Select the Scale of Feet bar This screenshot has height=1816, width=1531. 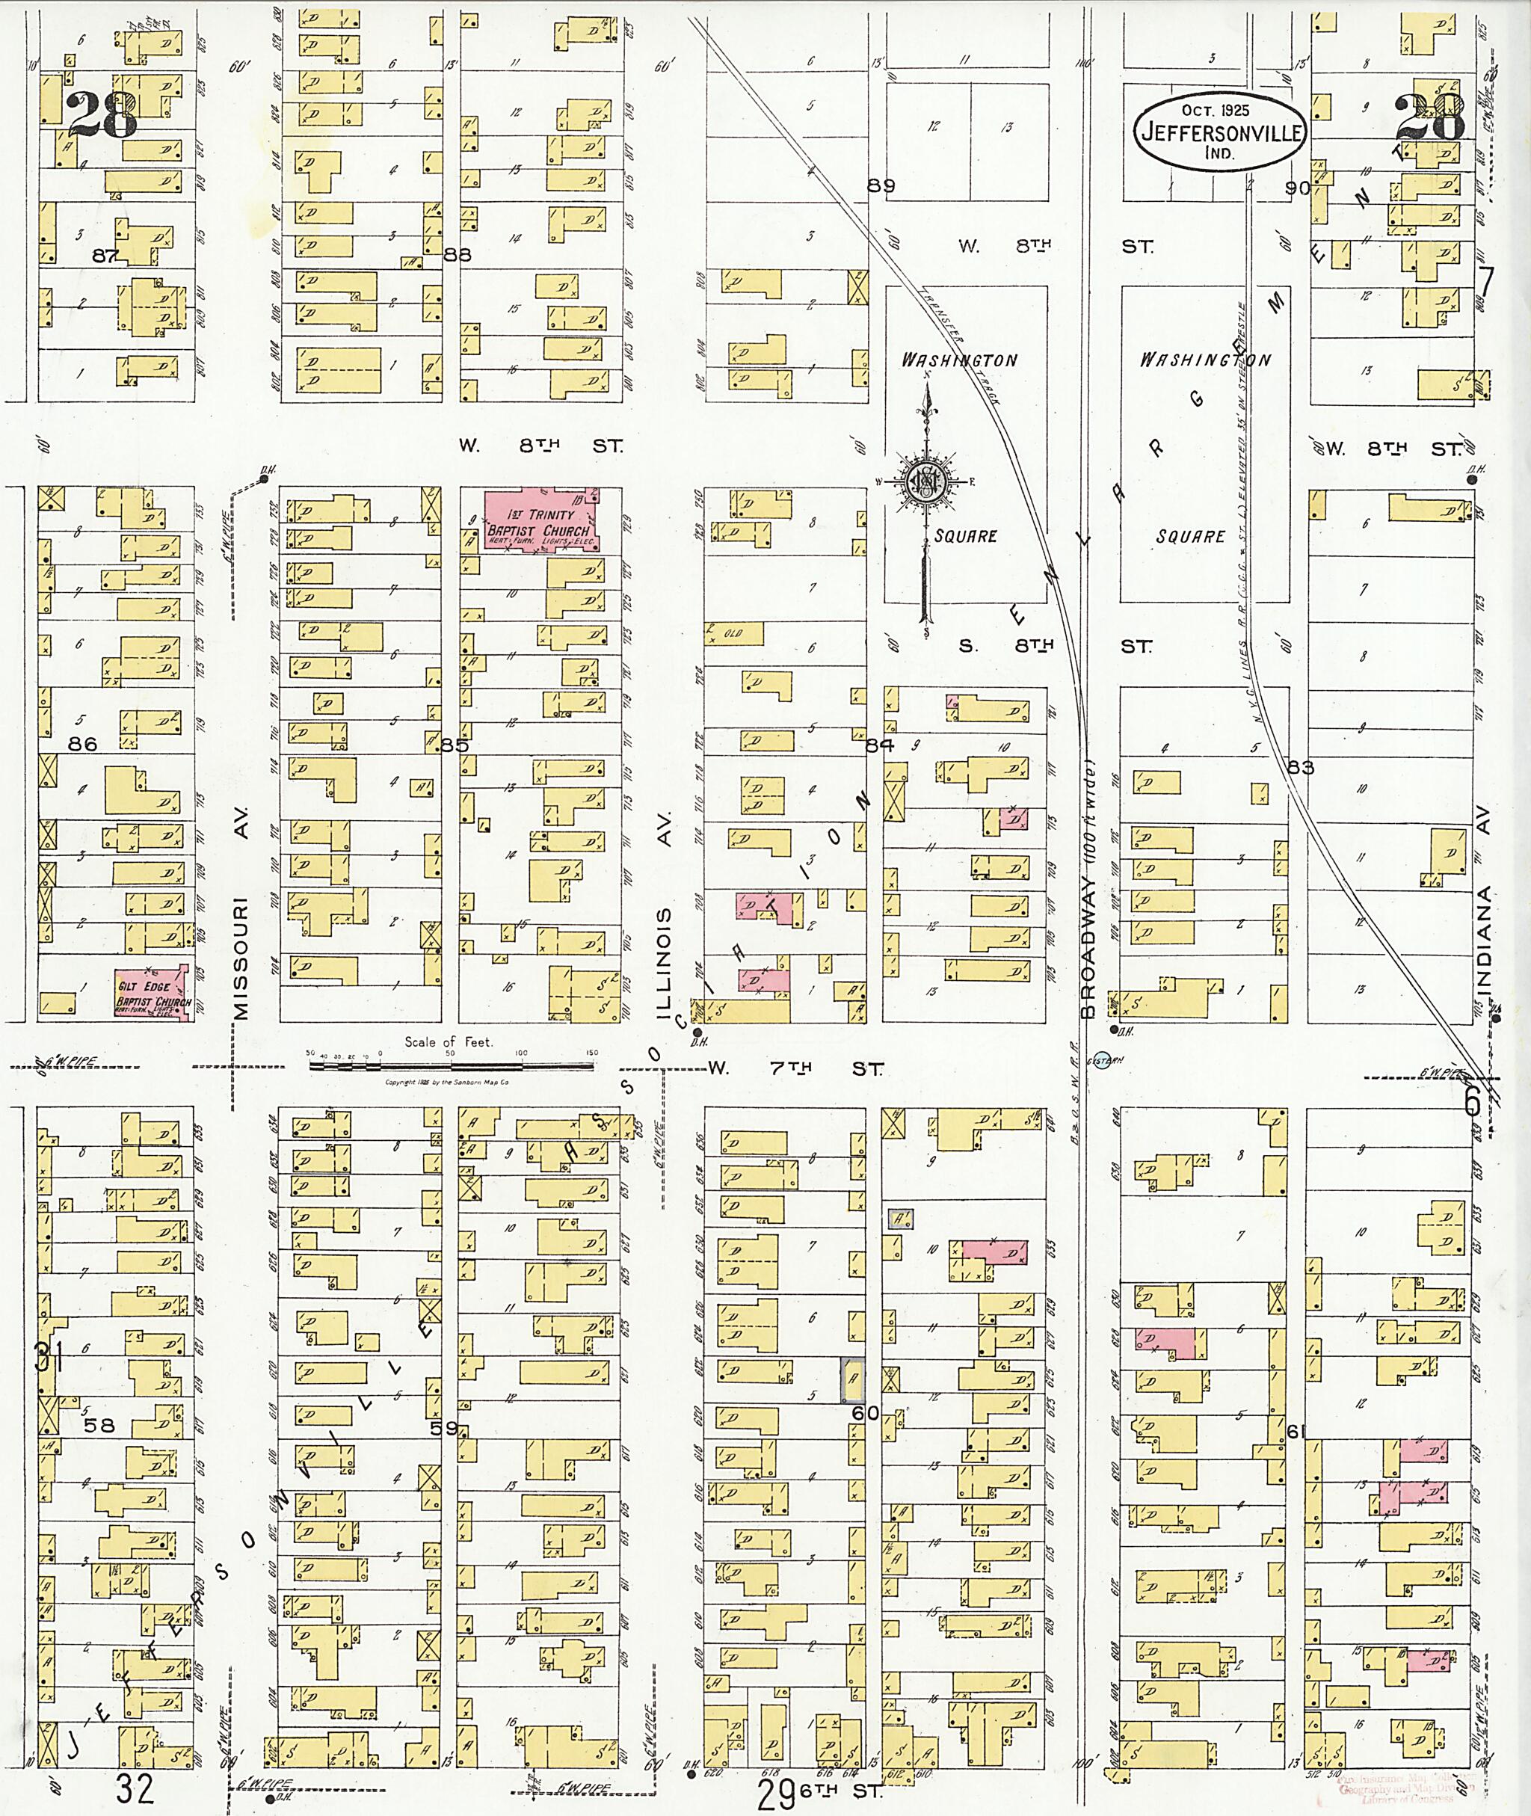tap(452, 1054)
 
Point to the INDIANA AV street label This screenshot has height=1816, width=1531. tap(1484, 903)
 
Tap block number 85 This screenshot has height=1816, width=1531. tap(454, 745)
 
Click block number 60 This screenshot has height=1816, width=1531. tap(866, 1414)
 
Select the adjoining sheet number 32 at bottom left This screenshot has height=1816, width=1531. tap(134, 1789)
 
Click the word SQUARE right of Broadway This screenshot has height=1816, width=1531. tap(1190, 537)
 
